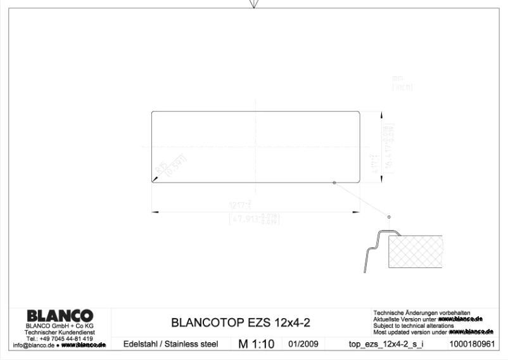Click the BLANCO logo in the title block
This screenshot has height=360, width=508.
point(60,316)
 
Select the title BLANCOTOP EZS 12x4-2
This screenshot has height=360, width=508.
point(241,322)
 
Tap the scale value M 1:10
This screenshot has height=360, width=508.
point(256,344)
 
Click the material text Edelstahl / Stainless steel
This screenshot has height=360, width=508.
point(170,344)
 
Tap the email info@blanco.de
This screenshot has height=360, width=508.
point(34,345)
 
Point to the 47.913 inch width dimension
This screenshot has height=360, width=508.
point(255,219)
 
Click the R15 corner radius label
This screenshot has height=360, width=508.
point(162,169)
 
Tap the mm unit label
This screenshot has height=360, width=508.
point(398,77)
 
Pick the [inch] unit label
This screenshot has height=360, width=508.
point(402,86)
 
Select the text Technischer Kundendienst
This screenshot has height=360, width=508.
point(60,333)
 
